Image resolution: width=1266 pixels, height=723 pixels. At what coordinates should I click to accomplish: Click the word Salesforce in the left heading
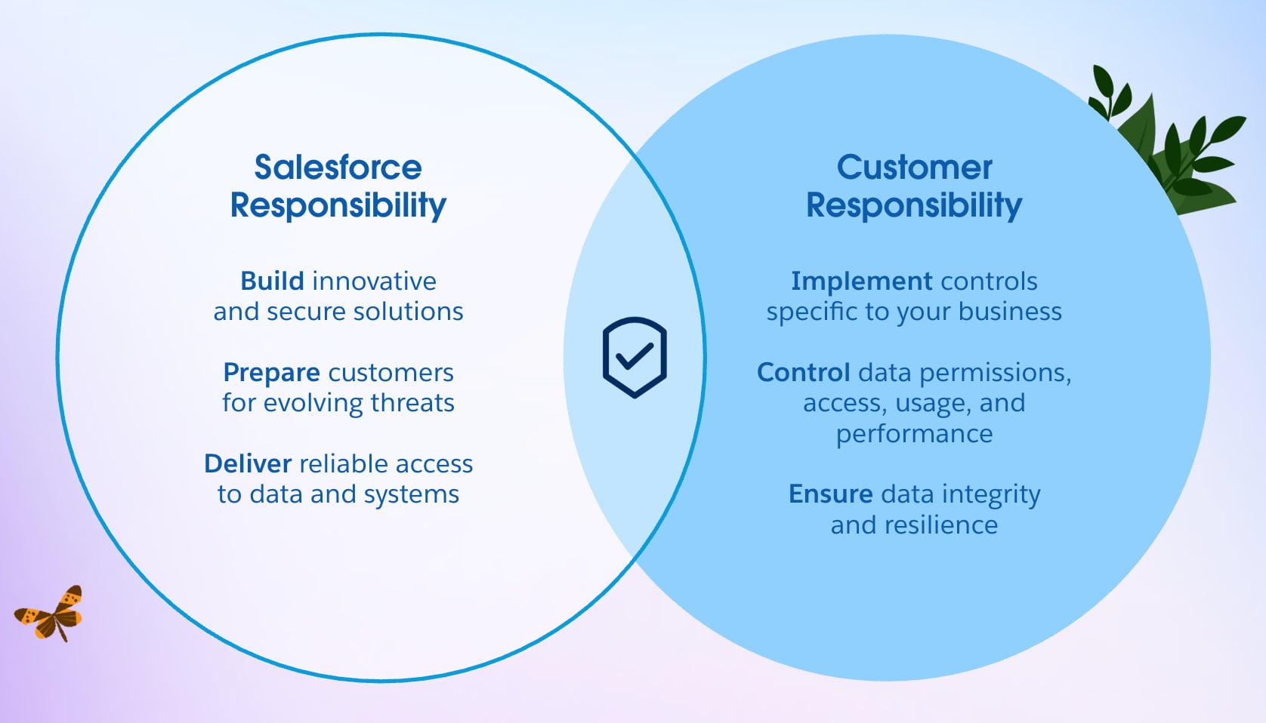[338, 168]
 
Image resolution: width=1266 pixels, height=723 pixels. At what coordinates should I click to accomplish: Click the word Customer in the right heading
[914, 168]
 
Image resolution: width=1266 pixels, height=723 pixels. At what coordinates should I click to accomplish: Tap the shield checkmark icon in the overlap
[635, 357]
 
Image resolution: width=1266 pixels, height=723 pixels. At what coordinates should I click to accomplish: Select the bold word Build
[272, 282]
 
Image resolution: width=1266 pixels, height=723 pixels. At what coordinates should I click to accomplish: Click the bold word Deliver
[248, 463]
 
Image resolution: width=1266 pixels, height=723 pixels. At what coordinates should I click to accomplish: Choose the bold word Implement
[860, 282]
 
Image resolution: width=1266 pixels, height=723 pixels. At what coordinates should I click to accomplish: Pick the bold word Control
[803, 373]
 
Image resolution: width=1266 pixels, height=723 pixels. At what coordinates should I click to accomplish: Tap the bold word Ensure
[830, 494]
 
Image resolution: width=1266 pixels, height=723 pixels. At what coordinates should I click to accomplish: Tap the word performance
[914, 434]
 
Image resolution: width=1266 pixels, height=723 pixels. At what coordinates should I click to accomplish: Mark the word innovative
[374, 282]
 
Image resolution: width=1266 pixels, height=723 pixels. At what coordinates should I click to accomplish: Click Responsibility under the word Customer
[914, 205]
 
